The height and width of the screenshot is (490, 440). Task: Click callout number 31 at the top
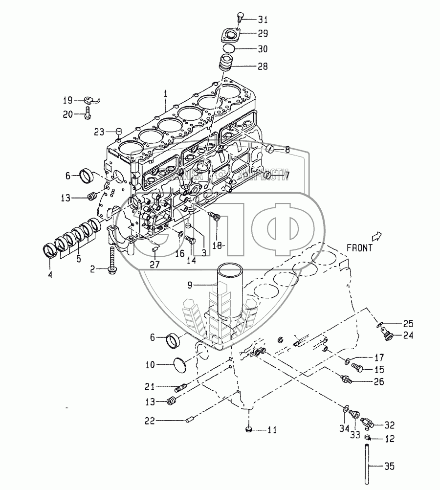(263, 20)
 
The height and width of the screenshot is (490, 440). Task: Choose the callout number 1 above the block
(165, 92)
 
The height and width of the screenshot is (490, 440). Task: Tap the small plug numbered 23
(118, 131)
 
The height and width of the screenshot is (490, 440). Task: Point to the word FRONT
(359, 247)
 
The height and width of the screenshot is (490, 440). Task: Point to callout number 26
(378, 381)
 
